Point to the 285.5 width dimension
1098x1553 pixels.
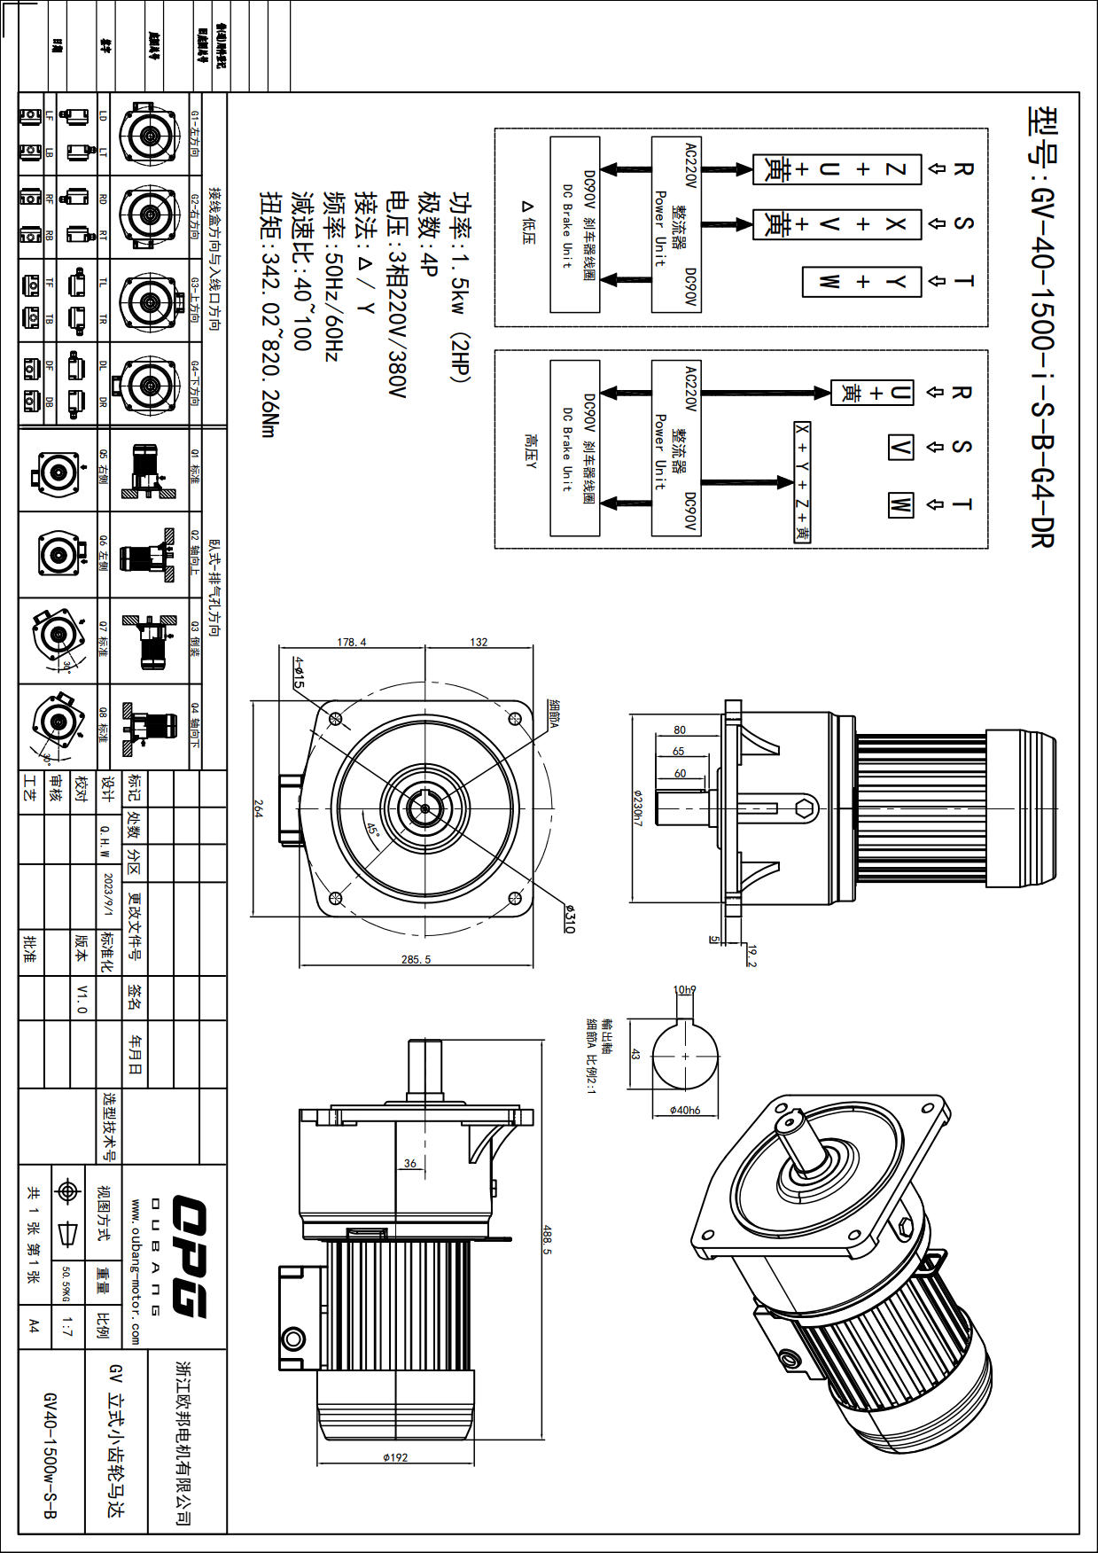pyautogui.click(x=416, y=960)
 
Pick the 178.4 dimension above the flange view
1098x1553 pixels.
pyautogui.click(x=351, y=642)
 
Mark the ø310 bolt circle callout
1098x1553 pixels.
pyautogui.click(x=569, y=918)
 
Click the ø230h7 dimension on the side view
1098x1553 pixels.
pyautogui.click(x=636, y=808)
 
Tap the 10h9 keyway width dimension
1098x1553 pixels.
pyautogui.click(x=685, y=989)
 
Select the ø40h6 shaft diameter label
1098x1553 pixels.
pyautogui.click(x=684, y=1110)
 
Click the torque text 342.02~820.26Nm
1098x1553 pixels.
pyautogui.click(x=269, y=314)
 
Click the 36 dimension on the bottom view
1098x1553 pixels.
pyautogui.click(x=409, y=1163)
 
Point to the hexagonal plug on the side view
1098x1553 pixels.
pyautogui.click(x=805, y=808)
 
